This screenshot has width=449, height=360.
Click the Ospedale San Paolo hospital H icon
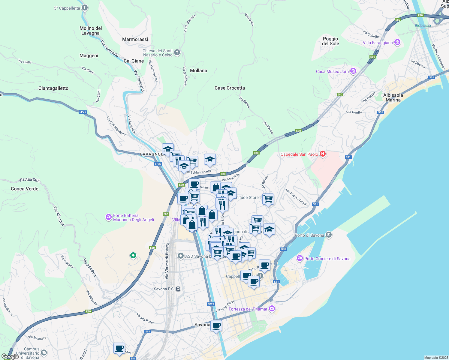[323, 154]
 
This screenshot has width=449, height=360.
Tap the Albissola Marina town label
[393, 97]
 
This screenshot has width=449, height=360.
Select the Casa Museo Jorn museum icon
[353, 71]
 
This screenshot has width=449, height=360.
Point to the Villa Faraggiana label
[378, 43]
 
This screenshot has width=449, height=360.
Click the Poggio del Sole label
[330, 41]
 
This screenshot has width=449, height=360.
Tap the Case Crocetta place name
[230, 88]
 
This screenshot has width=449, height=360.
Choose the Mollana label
[198, 70]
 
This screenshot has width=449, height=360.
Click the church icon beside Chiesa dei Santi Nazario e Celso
[177, 52]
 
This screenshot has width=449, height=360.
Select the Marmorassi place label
[135, 39]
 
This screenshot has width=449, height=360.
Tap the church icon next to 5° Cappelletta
[85, 8]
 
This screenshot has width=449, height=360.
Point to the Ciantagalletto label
[53, 88]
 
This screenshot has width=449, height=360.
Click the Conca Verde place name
[25, 189]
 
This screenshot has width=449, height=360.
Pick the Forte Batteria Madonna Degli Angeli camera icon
[109, 217]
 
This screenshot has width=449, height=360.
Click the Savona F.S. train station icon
[178, 289]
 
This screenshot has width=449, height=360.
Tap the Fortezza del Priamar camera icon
[272, 309]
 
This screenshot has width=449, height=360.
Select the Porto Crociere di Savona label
[327, 259]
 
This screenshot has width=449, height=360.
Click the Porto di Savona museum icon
[329, 235]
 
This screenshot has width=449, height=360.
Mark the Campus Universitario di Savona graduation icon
[44, 353]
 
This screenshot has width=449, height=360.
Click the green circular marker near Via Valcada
[133, 256]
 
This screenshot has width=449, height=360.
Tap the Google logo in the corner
[10, 356]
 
